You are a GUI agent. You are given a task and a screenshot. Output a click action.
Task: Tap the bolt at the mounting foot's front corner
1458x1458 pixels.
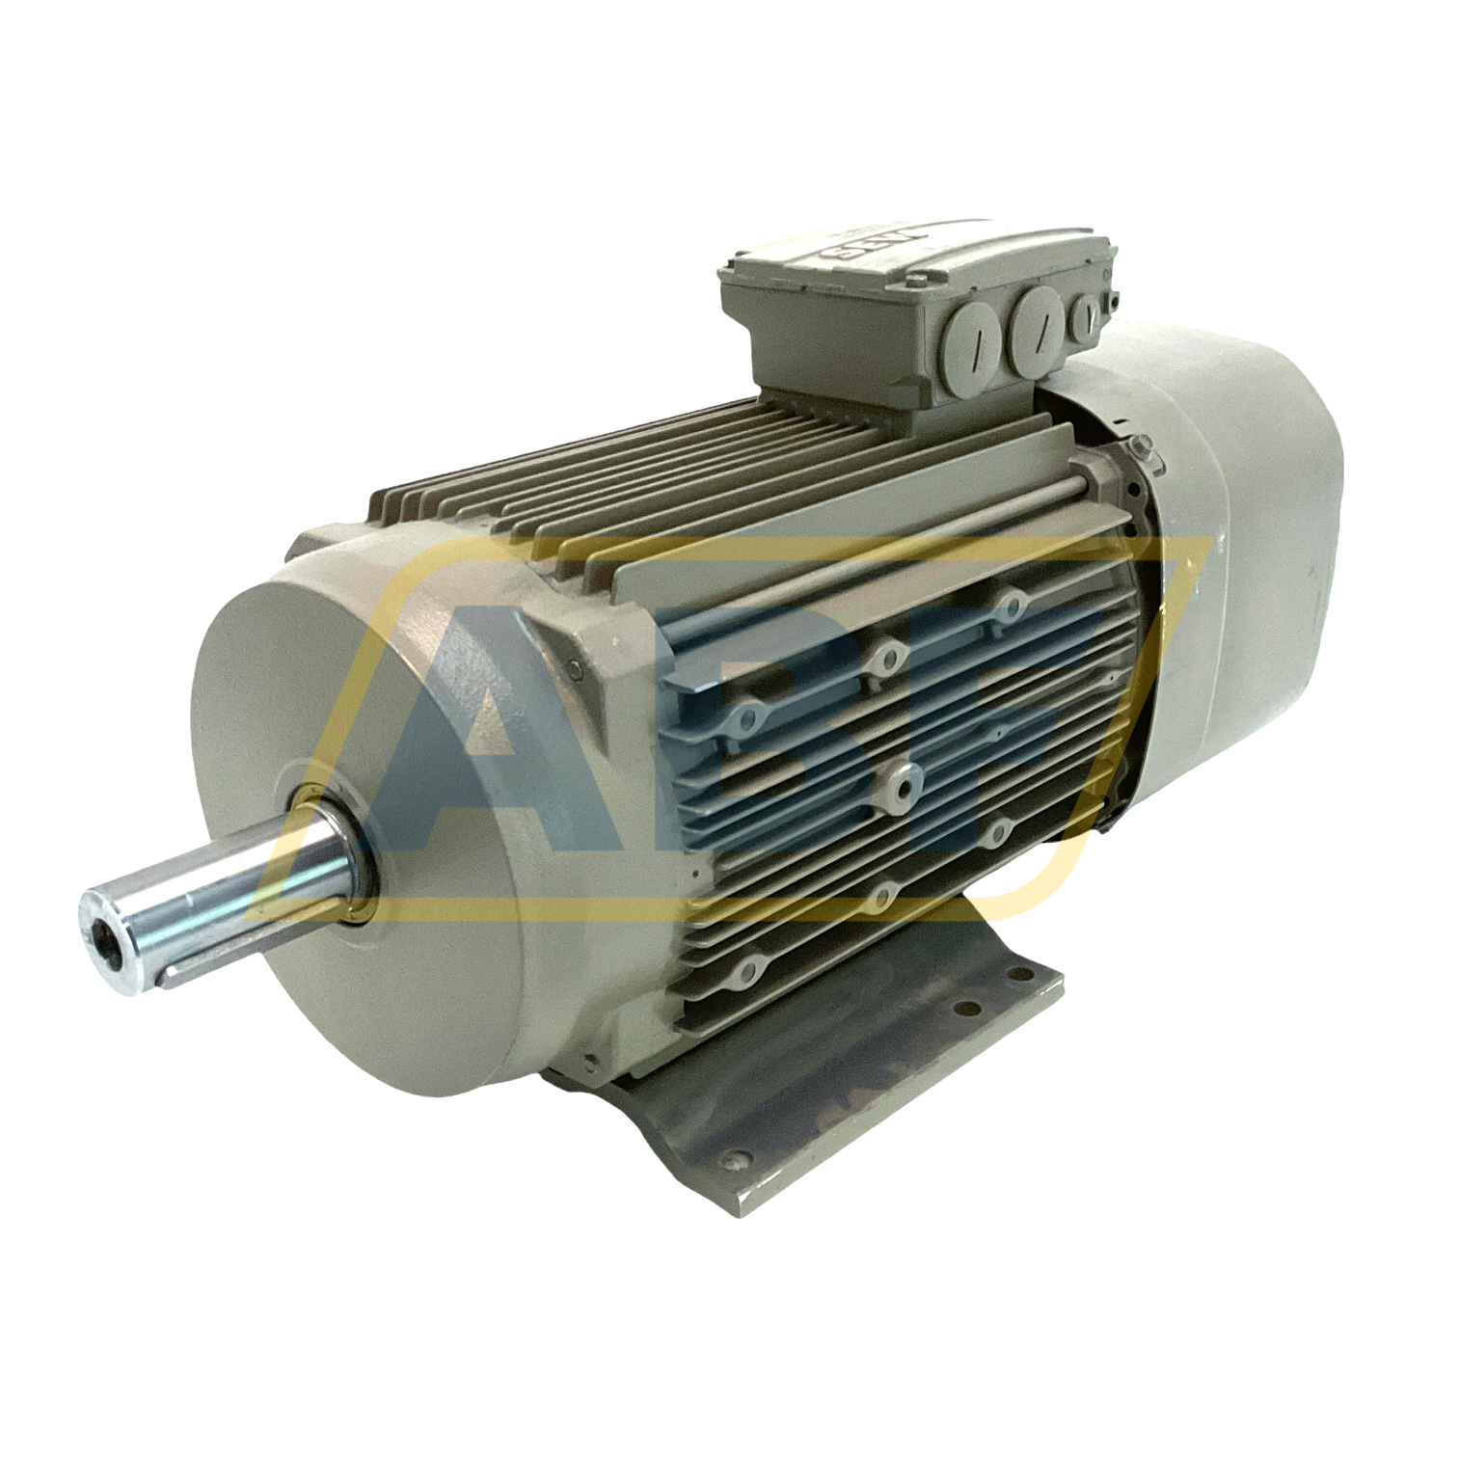point(738,1161)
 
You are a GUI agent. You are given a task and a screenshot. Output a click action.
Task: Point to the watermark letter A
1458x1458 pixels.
point(463,742)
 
